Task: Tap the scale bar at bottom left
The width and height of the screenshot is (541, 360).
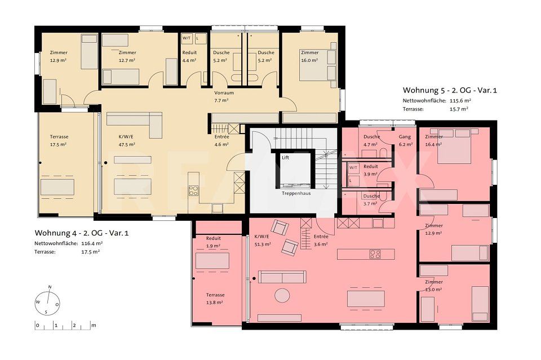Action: pos(64,325)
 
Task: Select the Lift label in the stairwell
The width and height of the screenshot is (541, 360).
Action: pos(285,158)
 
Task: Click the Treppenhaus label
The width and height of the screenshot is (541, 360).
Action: pos(296,193)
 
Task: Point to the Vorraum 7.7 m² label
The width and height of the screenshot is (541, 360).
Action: pos(224,96)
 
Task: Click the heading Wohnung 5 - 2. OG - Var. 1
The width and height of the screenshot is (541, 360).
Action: pos(450,90)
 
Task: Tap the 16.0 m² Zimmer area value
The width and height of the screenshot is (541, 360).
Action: pos(309,60)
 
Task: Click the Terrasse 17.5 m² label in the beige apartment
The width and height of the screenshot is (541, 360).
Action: pos(59,140)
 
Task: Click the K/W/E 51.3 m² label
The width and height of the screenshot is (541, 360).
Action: pos(263,241)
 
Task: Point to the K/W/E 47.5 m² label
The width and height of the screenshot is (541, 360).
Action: pos(127,140)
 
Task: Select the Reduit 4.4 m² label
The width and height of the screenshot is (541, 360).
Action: pos(189,56)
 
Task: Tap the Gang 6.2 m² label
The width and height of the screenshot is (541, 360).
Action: pos(405,140)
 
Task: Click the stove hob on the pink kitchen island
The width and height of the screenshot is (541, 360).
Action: pos(375,254)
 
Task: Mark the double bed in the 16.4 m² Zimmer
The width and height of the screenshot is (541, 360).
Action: pos(456,152)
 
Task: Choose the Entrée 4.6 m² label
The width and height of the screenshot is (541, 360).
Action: pos(221,140)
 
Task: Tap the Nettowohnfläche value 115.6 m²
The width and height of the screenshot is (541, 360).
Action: pos(460,100)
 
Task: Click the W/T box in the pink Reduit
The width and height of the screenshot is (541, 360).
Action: pos(353,168)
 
